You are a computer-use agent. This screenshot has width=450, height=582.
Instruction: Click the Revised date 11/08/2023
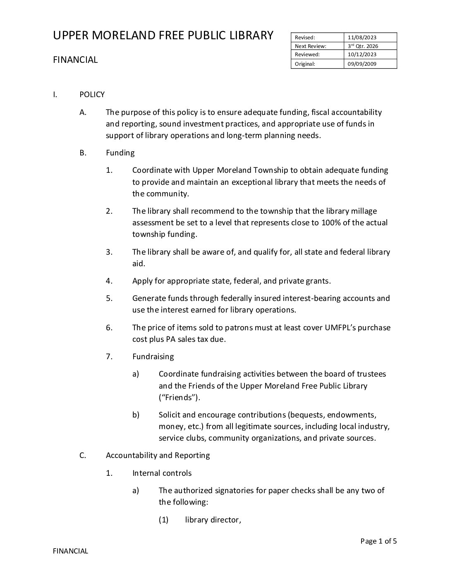362,38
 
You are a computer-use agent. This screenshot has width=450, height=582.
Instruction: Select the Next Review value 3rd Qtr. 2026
363,46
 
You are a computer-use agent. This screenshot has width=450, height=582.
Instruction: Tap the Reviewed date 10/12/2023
362,54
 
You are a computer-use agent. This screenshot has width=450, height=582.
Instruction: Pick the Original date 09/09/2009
362,64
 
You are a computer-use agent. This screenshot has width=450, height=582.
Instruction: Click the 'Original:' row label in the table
305,64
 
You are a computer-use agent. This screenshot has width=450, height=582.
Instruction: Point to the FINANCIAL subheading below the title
75,60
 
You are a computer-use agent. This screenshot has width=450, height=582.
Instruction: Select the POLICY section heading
92,95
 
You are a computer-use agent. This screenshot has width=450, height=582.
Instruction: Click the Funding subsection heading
120,153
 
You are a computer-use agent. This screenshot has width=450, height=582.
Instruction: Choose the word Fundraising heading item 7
153,357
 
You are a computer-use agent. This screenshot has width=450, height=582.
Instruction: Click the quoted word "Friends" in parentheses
180,398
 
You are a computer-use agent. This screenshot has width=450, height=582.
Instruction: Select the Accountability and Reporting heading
158,456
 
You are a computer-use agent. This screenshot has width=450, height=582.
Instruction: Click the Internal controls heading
162,473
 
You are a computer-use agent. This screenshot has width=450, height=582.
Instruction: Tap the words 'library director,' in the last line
213,520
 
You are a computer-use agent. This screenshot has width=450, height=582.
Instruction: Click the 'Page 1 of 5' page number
378,541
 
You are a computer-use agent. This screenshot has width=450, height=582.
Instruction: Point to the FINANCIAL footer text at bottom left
70,551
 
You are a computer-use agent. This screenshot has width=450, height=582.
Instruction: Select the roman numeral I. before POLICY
55,95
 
